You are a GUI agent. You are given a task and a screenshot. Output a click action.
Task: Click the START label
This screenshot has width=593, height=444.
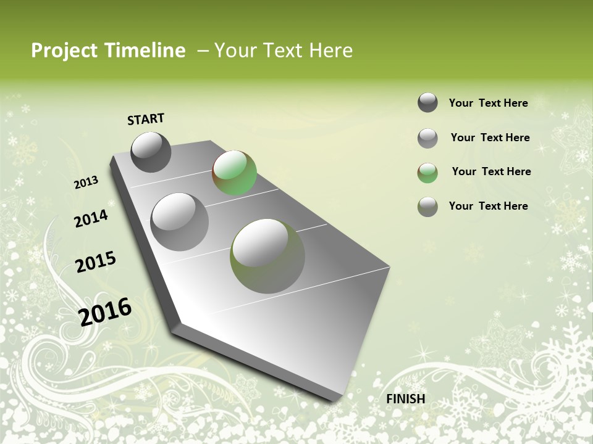coord(146,119)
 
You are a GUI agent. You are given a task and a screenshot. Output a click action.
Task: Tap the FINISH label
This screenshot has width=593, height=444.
coord(406,399)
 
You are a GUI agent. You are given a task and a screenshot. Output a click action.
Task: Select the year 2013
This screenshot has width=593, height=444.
coord(86,183)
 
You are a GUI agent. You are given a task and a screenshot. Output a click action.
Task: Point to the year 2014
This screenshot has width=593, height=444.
coord(91,218)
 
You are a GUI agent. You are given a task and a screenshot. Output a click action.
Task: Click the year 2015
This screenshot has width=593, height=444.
coord(95,262)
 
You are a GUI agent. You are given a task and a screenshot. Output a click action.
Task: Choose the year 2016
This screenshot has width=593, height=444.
coord(105,311)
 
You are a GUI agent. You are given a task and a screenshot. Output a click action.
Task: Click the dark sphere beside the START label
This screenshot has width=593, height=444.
coord(151,152)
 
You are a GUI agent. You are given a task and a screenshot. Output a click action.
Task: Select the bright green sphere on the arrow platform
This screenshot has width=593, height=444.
coord(234,173)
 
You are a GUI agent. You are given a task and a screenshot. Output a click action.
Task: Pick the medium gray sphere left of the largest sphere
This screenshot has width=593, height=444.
coord(179,222)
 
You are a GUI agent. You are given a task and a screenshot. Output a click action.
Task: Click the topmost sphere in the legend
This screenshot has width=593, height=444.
coord(427,102)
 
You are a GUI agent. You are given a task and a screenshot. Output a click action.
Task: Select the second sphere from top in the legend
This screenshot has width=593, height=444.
coord(427,138)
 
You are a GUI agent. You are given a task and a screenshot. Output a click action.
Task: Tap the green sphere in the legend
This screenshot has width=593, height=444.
coord(427,173)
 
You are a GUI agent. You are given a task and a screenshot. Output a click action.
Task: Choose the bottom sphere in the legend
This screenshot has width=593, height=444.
coord(427,207)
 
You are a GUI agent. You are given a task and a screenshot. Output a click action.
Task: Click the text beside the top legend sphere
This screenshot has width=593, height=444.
coord(488,103)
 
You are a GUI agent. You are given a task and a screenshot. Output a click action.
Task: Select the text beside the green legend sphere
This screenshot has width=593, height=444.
coord(491,171)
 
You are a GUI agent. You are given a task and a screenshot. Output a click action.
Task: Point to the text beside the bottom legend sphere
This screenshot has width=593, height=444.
coord(488,206)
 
